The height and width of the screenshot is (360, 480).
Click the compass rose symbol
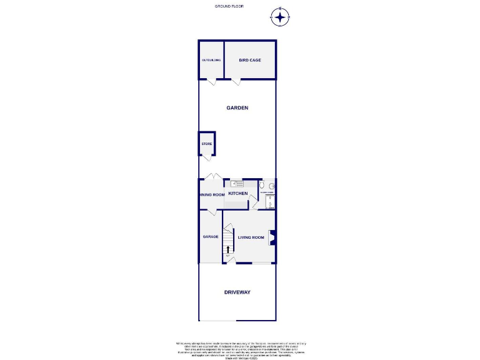pyautogui.click(x=281, y=17)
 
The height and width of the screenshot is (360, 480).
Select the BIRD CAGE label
pyautogui.click(x=250, y=60)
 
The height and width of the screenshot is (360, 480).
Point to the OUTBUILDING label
pyautogui.click(x=211, y=60)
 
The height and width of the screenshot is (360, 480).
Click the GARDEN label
pyautogui.click(x=237, y=107)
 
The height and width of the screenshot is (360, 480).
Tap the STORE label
pyautogui.click(x=206, y=144)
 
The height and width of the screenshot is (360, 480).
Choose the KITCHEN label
pyautogui.click(x=237, y=194)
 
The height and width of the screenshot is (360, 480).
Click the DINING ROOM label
pyautogui.click(x=212, y=194)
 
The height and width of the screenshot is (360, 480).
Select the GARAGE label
pyautogui.click(x=210, y=237)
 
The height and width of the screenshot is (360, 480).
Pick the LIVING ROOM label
pyautogui.click(x=251, y=237)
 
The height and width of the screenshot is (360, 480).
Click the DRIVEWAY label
pyautogui.click(x=237, y=292)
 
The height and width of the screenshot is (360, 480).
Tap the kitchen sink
pyautogui.click(x=237, y=183)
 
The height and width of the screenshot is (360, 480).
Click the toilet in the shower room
pyautogui.click(x=262, y=186)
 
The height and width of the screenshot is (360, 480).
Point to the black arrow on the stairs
pyautogui.click(x=227, y=249)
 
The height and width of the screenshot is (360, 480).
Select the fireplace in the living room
pyautogui.click(x=272, y=236)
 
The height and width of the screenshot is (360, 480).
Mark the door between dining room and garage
pyautogui.click(x=212, y=212)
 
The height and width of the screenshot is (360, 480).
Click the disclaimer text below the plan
pyautogui.click(x=240, y=348)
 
